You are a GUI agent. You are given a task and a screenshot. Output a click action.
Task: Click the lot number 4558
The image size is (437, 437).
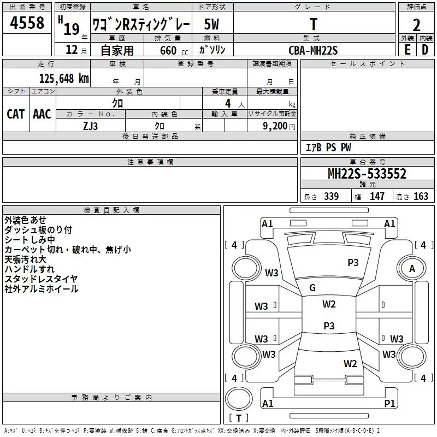(27, 22)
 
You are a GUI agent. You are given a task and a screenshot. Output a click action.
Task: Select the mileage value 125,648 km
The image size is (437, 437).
(64, 79)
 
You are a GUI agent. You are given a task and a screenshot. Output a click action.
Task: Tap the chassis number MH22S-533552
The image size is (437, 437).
(367, 174)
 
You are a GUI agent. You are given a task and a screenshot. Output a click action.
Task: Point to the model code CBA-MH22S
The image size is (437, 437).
(313, 50)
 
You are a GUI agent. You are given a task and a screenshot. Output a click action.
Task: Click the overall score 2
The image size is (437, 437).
(416, 25)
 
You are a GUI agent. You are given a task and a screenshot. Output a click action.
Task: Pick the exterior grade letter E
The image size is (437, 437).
(407, 50)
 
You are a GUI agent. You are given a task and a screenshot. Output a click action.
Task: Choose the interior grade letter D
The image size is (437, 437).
(425, 50)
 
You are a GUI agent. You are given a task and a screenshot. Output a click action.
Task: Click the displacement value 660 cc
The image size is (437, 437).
(174, 50)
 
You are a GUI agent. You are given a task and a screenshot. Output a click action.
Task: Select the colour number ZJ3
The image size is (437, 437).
(90, 126)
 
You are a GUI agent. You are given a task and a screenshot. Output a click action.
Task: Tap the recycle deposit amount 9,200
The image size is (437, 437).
(275, 126)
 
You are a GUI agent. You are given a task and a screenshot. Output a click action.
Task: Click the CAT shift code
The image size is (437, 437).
(16, 114)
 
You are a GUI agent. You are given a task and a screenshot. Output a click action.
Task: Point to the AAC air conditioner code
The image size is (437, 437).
(42, 114)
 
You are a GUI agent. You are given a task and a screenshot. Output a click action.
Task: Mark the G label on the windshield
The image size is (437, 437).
(312, 288)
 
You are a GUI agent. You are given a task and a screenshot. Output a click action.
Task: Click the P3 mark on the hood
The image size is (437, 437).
(353, 263)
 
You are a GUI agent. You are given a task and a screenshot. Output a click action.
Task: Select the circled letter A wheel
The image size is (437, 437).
(412, 268)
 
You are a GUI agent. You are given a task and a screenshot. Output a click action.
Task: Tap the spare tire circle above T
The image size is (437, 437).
(239, 399)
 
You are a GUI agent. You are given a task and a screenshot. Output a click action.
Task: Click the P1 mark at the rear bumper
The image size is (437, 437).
(389, 403)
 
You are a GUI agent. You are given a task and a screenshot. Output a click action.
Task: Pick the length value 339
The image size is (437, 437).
(331, 196)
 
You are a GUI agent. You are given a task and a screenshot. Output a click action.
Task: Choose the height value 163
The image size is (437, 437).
(421, 196)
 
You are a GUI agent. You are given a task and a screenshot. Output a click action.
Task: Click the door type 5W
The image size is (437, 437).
(211, 24)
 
